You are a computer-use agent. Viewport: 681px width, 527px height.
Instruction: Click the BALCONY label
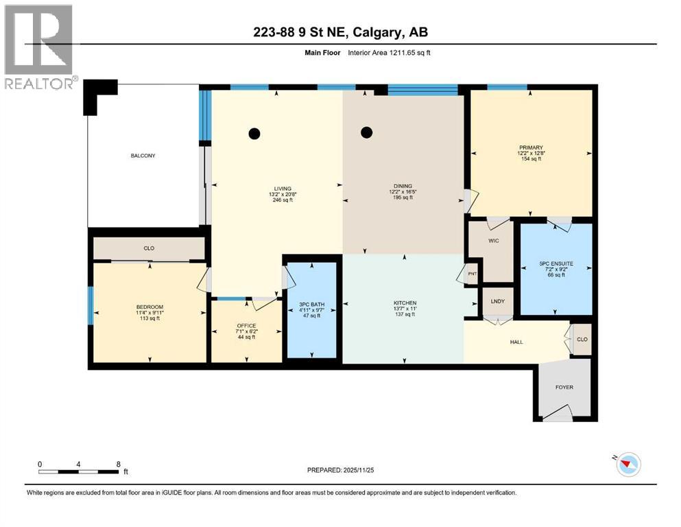pos(143,156)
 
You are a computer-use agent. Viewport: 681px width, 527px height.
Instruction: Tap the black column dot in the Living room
pos(254,134)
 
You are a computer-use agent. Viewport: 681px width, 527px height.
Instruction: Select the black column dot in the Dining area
pos(367,132)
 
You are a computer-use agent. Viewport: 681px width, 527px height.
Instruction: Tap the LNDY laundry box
pos(497,301)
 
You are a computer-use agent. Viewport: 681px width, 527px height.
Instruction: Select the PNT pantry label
pos(472,274)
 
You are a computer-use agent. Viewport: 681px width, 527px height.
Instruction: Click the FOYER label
pos(564,387)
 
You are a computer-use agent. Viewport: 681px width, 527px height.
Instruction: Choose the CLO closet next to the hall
pos(582,339)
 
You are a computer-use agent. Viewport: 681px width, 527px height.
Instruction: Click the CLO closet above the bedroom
pos(148,249)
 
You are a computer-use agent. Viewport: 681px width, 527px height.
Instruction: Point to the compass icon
pos(628,465)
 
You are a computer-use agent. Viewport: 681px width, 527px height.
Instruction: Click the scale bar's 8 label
pos(119,464)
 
